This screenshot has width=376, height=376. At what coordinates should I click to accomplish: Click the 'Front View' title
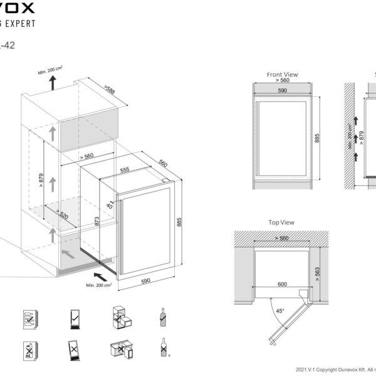283,75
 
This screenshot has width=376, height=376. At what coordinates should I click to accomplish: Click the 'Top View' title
281,222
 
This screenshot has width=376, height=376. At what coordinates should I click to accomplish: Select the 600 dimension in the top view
283,284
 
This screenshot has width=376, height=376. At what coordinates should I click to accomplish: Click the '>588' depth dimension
110,90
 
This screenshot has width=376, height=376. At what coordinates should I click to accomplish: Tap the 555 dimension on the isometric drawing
124,169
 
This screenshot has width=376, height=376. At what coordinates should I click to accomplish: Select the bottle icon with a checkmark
162,317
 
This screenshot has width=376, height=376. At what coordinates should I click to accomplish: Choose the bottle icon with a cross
163,348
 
